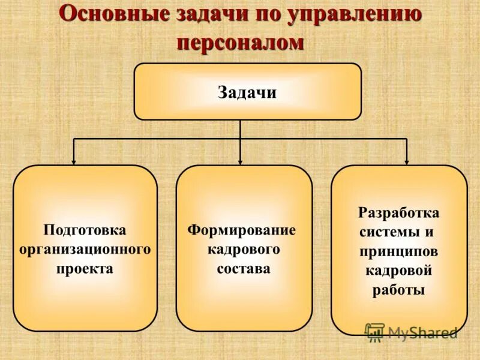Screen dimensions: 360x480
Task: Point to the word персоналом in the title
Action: tap(240, 43)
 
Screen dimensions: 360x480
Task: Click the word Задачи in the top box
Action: tap(247, 92)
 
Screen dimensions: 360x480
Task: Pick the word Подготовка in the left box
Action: tap(85, 230)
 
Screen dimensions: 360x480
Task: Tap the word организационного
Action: tap(85, 249)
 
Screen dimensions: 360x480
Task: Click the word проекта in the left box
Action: tap(85, 268)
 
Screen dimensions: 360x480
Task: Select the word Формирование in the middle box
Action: tap(242, 230)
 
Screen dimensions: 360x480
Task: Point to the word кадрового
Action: tap(243, 249)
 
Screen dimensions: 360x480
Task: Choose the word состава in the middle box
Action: tap(243, 268)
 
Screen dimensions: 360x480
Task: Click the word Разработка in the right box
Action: tap(398, 213)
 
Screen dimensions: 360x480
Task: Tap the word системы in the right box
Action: tap(385, 232)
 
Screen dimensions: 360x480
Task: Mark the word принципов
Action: tap(398, 251)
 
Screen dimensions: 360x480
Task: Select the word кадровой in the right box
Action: tap(398, 271)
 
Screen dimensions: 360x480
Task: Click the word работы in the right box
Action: tap(398, 290)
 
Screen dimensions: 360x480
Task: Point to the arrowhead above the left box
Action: tap(74, 161)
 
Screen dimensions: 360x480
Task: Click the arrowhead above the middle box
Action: tap(240, 161)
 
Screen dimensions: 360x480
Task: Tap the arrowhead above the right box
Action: tap(407, 161)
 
